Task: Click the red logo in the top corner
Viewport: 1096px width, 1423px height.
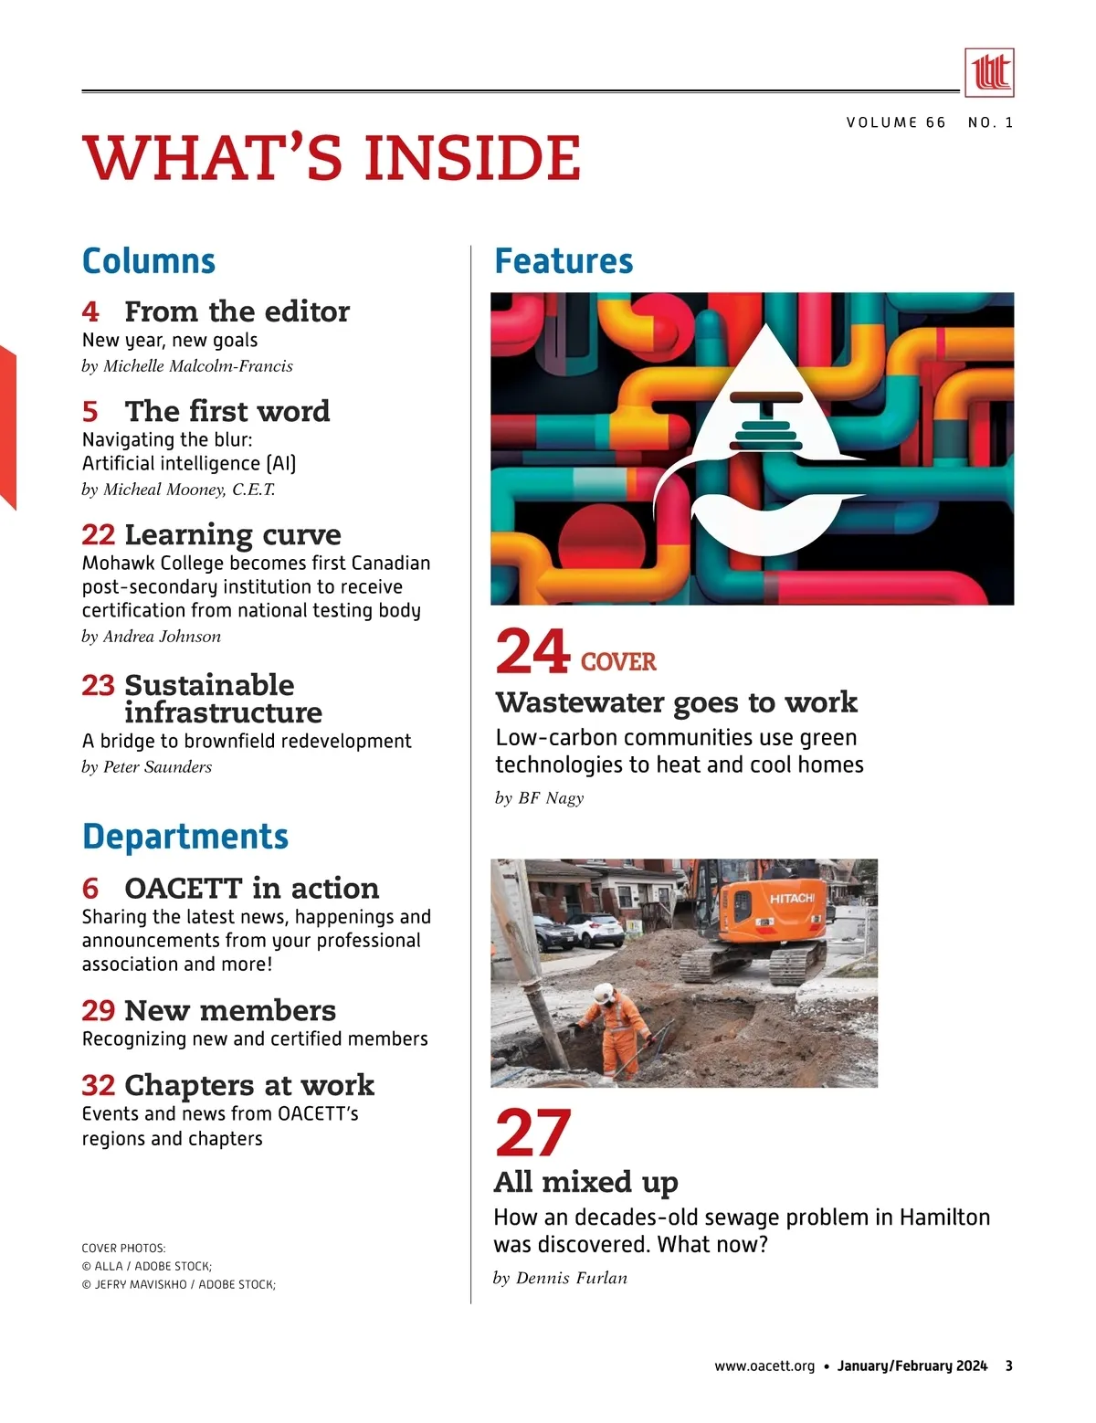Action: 989,72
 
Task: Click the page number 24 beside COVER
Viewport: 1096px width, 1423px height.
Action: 532,651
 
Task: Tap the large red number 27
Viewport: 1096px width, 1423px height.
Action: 532,1133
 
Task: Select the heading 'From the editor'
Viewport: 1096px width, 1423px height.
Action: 237,311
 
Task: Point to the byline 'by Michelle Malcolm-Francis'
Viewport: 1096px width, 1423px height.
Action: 187,366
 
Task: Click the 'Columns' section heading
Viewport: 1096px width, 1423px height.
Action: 149,261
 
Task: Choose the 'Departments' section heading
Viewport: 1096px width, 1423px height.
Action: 185,837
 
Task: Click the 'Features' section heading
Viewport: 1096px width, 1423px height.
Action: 564,261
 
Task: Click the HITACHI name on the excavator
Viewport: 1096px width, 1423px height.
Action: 791,899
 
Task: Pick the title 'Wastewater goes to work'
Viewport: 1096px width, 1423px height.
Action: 676,702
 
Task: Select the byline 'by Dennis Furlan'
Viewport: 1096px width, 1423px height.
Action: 560,1278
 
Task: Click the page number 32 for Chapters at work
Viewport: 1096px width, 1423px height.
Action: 98,1085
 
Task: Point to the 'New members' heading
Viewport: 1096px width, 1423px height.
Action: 230,1010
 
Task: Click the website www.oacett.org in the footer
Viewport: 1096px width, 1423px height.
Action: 764,1366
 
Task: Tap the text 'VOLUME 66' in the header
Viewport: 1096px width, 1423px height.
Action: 895,122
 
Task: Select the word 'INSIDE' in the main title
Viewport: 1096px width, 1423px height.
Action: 472,158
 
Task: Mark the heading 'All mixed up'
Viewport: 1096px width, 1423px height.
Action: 585,1182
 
